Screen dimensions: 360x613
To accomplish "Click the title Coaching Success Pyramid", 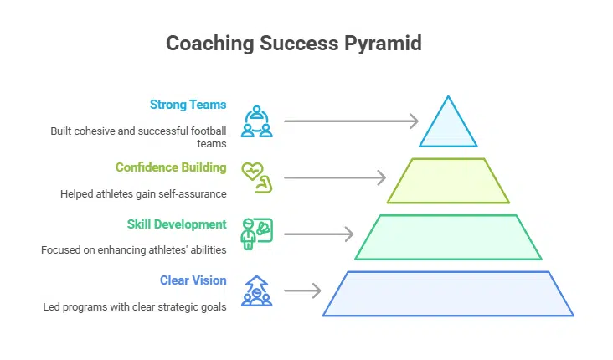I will click(306, 44).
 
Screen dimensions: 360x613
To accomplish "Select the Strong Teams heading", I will click(188, 105).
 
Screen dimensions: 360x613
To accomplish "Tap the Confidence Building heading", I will click(171, 167).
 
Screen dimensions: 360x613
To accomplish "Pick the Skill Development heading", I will click(177, 224).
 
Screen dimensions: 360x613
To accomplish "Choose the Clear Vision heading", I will click(193, 280).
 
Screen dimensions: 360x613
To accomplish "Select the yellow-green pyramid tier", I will click(448, 181).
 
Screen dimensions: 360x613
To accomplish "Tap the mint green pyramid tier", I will click(448, 237).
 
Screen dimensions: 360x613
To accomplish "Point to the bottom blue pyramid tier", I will click(448, 293).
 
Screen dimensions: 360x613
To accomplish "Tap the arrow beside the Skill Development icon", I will click(318, 234).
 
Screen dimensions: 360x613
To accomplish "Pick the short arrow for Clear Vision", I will click(303, 291).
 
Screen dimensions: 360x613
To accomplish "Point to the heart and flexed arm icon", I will click(255, 177).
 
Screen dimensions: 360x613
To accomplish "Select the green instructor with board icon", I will click(255, 234).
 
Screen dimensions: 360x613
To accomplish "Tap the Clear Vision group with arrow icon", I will click(255, 291).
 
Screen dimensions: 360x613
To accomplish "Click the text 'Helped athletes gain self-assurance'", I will click(143, 194).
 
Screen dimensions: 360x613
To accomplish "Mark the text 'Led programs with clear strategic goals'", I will click(135, 306).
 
